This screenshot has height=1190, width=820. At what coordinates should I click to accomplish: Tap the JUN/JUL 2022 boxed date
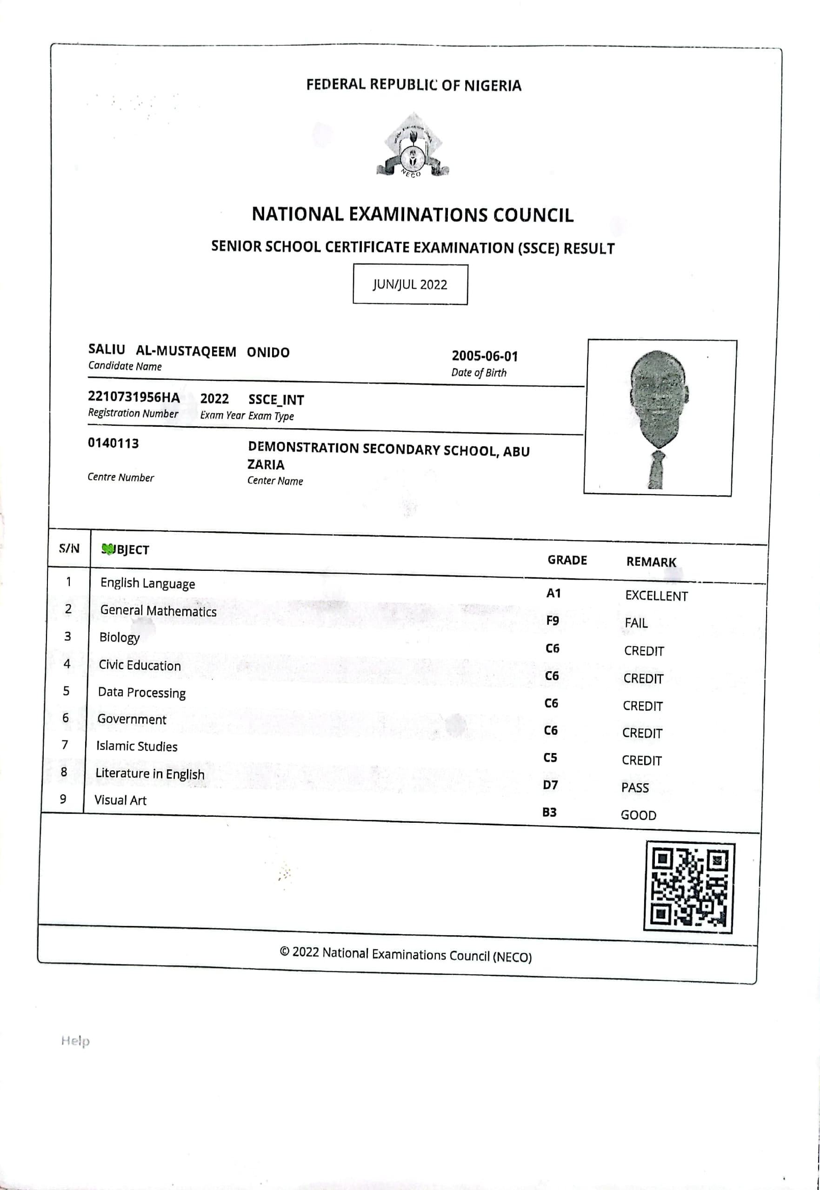410,284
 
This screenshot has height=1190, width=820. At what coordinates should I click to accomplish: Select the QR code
689,886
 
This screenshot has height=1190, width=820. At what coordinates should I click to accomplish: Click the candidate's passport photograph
659,417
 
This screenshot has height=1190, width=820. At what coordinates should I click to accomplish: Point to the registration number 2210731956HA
133,397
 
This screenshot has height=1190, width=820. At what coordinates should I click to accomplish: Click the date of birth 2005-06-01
485,356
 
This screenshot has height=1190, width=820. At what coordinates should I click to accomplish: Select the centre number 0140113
113,443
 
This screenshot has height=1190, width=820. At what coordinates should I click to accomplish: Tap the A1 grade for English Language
553,594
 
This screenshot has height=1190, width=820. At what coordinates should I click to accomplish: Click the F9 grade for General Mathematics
552,621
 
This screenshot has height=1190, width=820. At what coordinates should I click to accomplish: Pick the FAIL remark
636,623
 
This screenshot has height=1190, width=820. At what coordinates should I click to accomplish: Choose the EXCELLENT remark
656,596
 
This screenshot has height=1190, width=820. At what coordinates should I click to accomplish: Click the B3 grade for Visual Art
549,813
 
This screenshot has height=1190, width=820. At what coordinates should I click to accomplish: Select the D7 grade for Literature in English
550,786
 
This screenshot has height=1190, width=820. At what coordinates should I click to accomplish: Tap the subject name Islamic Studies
137,747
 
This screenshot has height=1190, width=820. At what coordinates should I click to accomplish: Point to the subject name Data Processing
142,693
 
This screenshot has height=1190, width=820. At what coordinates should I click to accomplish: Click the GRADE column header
567,560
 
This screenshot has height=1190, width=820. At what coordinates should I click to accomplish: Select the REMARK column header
651,562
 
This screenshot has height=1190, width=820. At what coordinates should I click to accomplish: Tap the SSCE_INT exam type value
276,399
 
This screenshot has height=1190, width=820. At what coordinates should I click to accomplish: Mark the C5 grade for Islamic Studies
550,758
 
